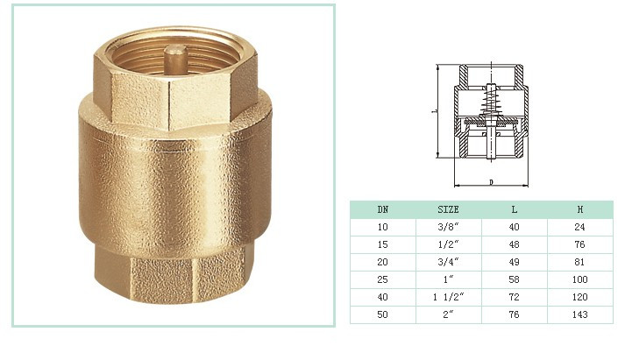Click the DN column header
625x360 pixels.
pos(383,209)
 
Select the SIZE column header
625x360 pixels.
pos(449,209)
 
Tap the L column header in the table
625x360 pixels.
pos(515,209)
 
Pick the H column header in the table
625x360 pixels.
pos(580,209)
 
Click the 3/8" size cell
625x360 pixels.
pos(449,227)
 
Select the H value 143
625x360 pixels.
pos(580,314)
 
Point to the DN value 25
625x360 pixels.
pos(383,279)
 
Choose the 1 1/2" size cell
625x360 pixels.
pos(449,297)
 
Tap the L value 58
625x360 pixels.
pos(515,279)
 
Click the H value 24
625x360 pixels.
pos(580,227)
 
